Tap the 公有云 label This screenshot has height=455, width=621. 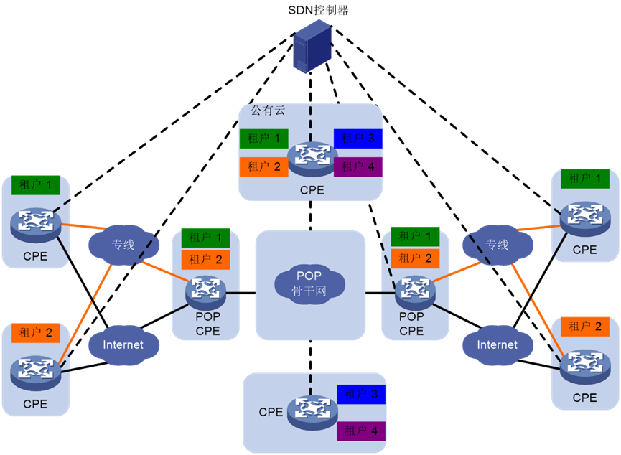point(267,111)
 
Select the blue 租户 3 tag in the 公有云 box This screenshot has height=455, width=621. point(358,139)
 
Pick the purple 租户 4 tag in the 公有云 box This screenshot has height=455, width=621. point(358,166)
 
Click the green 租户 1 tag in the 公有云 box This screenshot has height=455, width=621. point(263,139)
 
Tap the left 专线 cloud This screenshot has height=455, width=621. point(123,244)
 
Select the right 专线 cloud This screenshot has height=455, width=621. point(497,244)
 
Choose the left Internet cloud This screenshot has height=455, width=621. point(123,344)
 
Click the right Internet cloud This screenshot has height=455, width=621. point(497,344)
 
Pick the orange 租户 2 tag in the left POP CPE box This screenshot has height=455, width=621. point(205,259)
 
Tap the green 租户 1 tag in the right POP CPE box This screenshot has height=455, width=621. point(414,236)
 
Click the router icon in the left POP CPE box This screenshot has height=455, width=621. point(205,289)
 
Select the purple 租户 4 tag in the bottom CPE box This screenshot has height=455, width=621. point(361,431)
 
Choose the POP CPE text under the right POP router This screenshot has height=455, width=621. point(411,324)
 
